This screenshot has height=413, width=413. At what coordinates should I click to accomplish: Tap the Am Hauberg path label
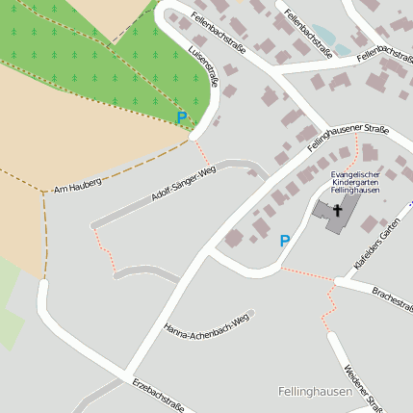[78, 183]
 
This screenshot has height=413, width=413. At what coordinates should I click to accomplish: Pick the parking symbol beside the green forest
[182, 117]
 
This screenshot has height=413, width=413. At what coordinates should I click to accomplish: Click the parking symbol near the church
[284, 241]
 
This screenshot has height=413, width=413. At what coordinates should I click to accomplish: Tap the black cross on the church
[338, 207]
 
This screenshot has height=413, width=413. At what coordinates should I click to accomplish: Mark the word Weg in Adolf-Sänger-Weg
[207, 172]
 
